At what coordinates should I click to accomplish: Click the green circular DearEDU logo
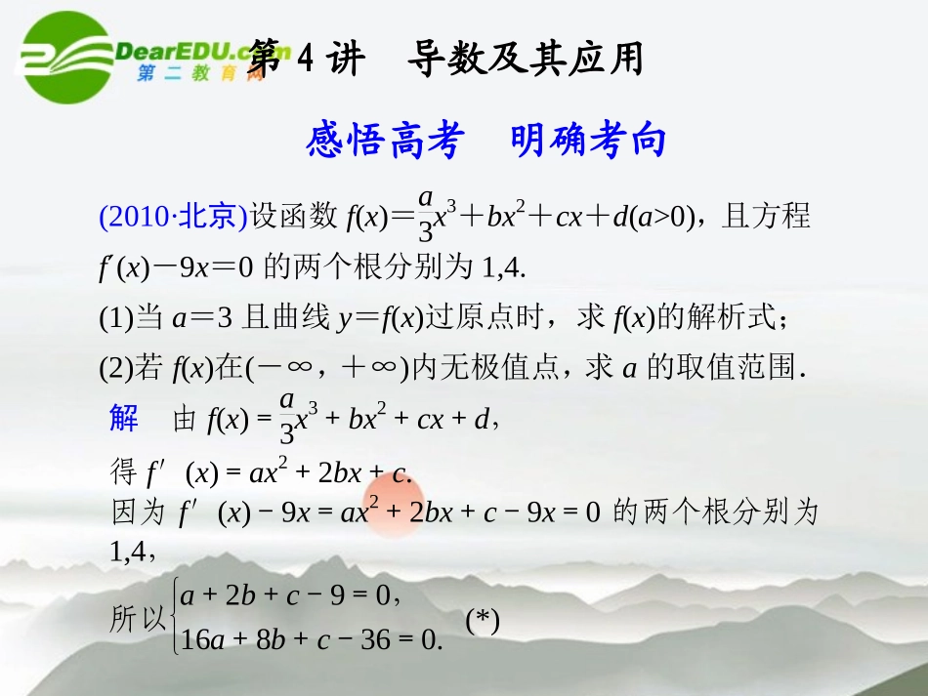[65, 57]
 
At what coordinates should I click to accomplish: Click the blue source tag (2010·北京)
[173, 215]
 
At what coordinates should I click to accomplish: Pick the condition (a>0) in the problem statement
[654, 216]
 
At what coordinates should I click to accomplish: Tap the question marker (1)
[116, 316]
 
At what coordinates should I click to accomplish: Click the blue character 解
[124, 419]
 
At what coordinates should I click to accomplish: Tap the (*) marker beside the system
[483, 620]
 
